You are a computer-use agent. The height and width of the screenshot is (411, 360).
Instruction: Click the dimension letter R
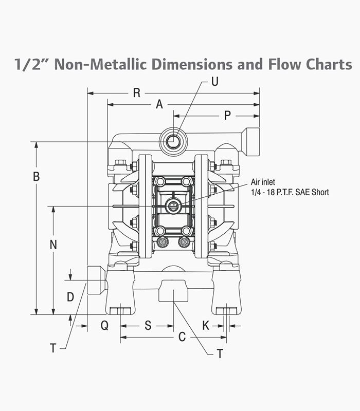pos(137,93)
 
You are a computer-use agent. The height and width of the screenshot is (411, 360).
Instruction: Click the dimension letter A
pos(159,104)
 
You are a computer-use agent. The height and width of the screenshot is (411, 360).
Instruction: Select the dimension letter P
pos(227,116)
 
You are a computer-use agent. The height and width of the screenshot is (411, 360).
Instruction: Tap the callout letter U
pos(215,82)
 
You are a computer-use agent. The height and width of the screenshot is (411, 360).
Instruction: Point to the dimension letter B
pos(36,176)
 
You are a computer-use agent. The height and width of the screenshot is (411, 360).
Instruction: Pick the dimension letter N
pos(53,245)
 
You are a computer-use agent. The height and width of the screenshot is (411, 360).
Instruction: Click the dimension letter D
pos(70,297)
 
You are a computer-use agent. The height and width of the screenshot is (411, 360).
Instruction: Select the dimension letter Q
pos(104,326)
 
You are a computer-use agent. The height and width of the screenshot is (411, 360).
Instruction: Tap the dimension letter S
pos(148,325)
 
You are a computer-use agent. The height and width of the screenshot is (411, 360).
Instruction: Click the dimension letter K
pos(206,325)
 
